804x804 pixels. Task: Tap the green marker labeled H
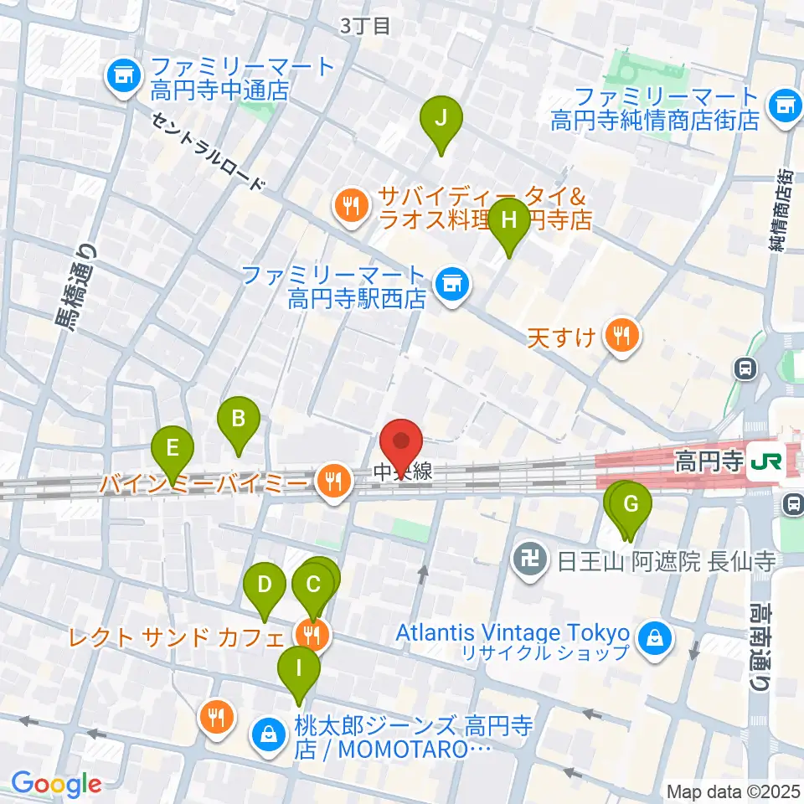pyautogui.click(x=508, y=222)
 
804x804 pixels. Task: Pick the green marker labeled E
pyautogui.click(x=173, y=451)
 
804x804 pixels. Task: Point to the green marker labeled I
pyautogui.click(x=298, y=671)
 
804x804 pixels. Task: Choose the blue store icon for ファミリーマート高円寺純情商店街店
pyautogui.click(x=785, y=105)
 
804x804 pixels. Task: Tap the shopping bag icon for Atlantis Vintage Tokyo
pyautogui.click(x=654, y=640)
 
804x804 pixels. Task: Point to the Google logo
pyautogui.click(x=55, y=785)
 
